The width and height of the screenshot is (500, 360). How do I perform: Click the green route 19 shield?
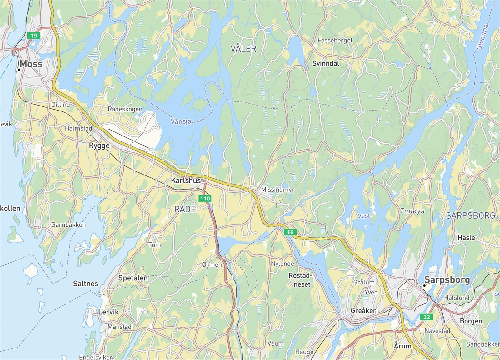(33, 36)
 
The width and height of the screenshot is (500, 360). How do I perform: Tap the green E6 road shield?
(290, 232)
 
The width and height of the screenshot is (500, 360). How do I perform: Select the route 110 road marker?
(205, 198)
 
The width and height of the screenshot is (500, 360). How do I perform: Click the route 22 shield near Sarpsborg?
(427, 317)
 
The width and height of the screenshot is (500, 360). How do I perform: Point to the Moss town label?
(31, 64)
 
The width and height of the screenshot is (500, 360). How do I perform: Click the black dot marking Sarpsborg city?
(424, 285)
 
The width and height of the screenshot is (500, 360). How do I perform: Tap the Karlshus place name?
(186, 180)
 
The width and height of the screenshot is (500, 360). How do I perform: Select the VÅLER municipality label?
(243, 49)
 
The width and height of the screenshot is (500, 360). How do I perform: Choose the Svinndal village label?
(326, 63)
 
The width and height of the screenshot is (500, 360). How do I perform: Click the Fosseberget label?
(335, 40)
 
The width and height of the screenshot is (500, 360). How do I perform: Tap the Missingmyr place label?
(277, 190)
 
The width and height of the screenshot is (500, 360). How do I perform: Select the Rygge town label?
(99, 146)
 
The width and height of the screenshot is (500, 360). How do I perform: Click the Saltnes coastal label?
(85, 284)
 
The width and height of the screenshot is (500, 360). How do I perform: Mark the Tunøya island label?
(412, 211)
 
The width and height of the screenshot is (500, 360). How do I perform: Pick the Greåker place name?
(363, 311)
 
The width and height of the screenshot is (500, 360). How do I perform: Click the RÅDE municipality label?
(185, 209)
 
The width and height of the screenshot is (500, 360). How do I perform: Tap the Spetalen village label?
(133, 278)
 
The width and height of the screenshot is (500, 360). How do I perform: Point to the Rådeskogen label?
(125, 109)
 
